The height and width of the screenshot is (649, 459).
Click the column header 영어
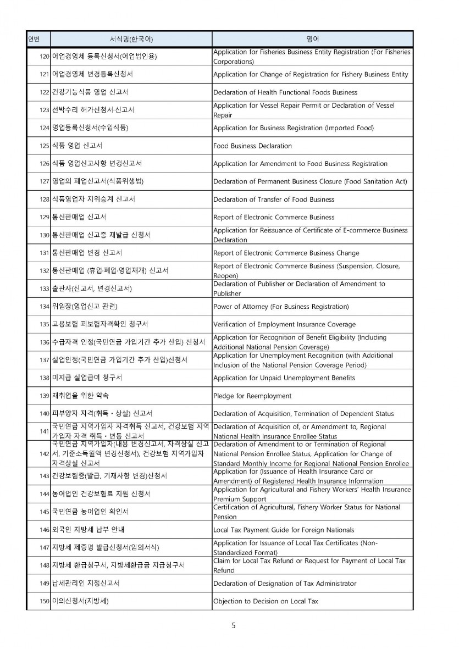pyautogui.click(x=312, y=40)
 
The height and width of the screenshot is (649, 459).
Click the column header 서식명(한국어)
pyautogui.click(x=131, y=40)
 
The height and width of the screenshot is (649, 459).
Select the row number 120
pyautogui.click(x=45, y=57)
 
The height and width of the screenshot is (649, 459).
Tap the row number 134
pyautogui.click(x=45, y=306)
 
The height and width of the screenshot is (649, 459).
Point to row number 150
pyautogui.click(x=45, y=601)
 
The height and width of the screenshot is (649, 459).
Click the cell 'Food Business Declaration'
pyautogui.click(x=252, y=146)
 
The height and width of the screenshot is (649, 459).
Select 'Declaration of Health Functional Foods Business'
pyautogui.click(x=285, y=92)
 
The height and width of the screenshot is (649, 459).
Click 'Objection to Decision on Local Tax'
pyautogui.click(x=266, y=601)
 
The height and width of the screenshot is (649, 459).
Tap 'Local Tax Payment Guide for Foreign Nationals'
pyautogui.click(x=283, y=530)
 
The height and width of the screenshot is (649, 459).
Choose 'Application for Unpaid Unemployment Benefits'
pyautogui.click(x=284, y=378)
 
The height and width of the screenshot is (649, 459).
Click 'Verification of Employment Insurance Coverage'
pyautogui.click(x=284, y=324)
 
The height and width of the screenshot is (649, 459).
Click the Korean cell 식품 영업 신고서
pyautogui.click(x=77, y=146)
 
